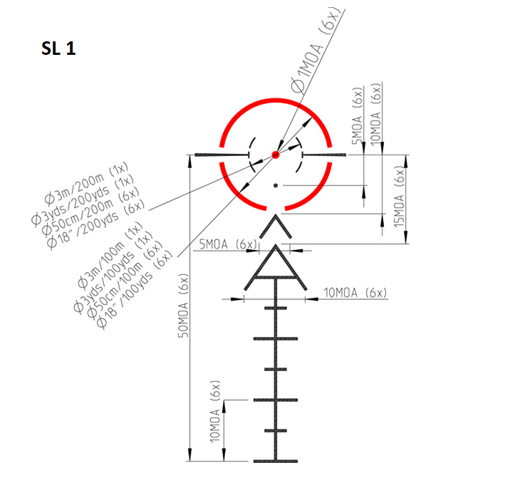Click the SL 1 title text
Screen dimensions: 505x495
(58, 48)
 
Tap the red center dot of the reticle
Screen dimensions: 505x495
(276, 155)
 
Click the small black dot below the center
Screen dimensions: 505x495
(276, 185)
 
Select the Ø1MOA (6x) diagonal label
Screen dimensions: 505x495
(315, 51)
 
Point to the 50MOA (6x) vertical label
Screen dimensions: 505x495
(184, 306)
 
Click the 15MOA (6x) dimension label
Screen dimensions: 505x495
(400, 197)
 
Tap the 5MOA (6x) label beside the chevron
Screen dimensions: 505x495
(228, 244)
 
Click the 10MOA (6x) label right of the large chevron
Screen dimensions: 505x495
(355, 293)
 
